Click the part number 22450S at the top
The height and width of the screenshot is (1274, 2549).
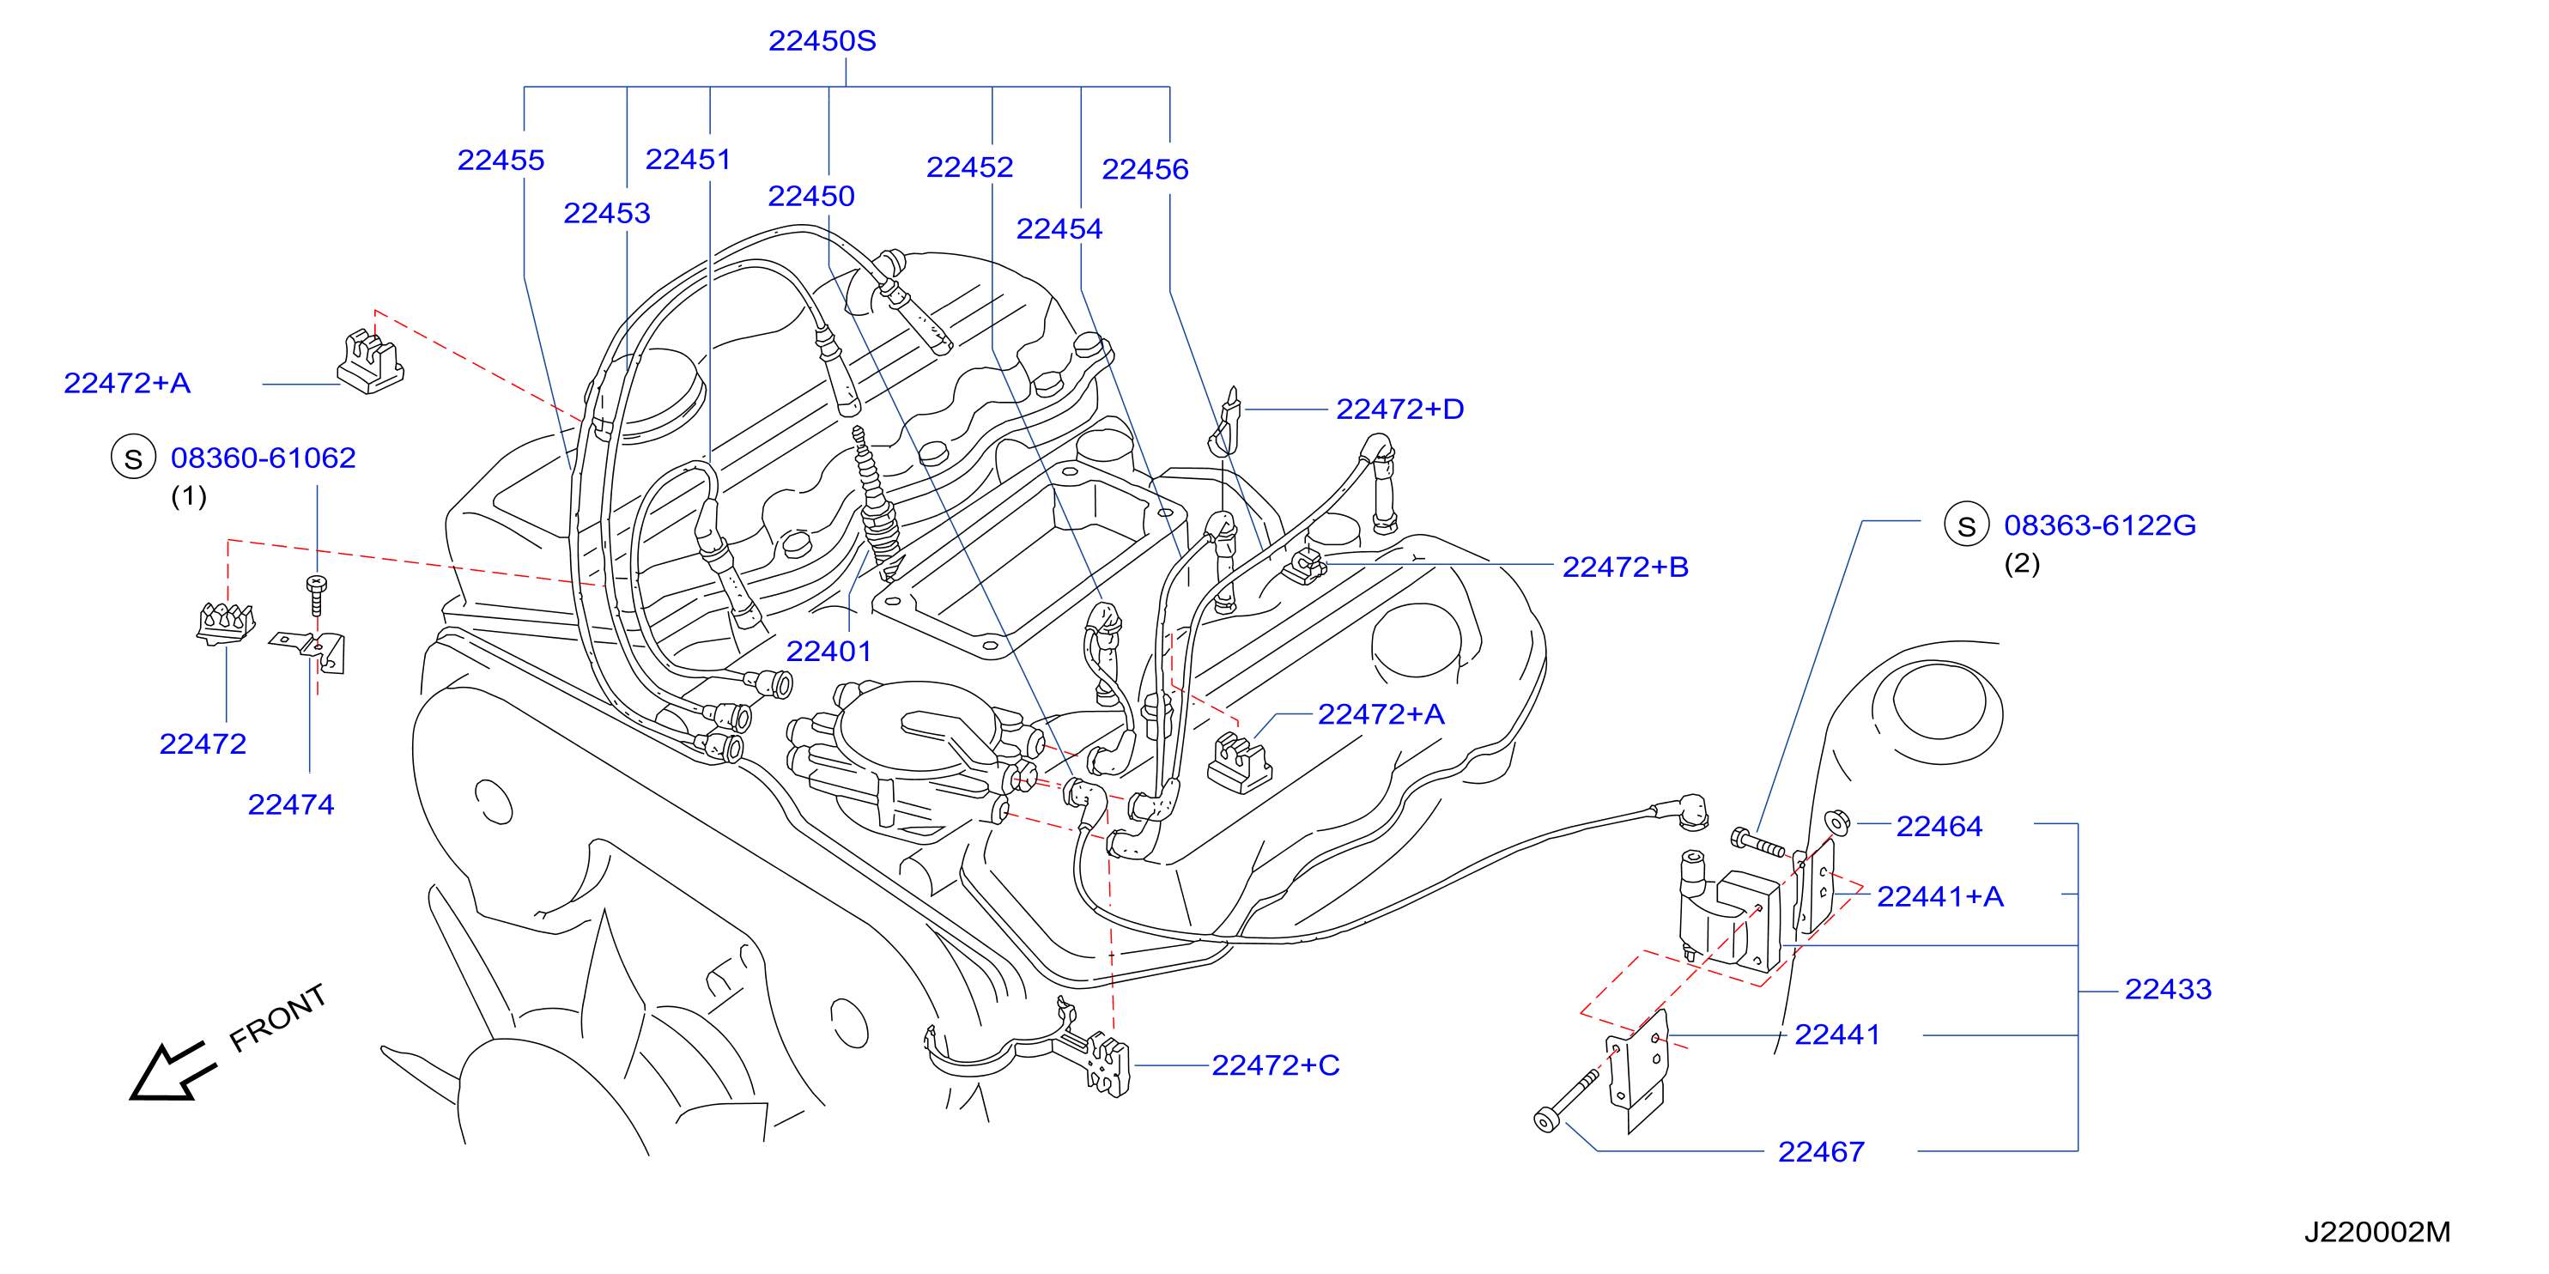click(822, 40)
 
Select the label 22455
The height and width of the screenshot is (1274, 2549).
click(501, 161)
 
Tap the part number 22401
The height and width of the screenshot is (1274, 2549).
click(828, 651)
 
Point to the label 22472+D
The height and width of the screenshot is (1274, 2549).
click(1399, 409)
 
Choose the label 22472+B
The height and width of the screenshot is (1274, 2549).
click(1625, 567)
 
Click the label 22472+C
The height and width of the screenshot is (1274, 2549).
click(1276, 1065)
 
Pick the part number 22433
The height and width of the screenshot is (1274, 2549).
click(2168, 989)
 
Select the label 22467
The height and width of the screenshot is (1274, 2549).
click(1821, 1151)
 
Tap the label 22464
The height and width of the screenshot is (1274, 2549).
click(1939, 826)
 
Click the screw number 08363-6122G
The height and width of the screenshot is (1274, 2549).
click(2100, 525)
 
